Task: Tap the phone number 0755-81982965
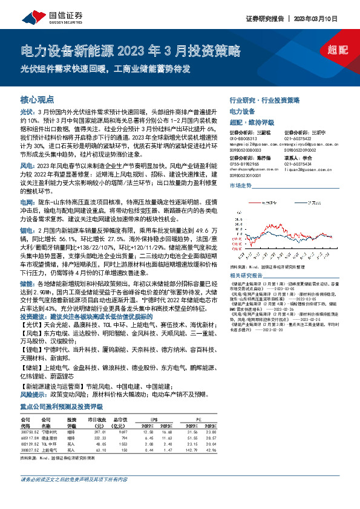(x=243, y=164)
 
